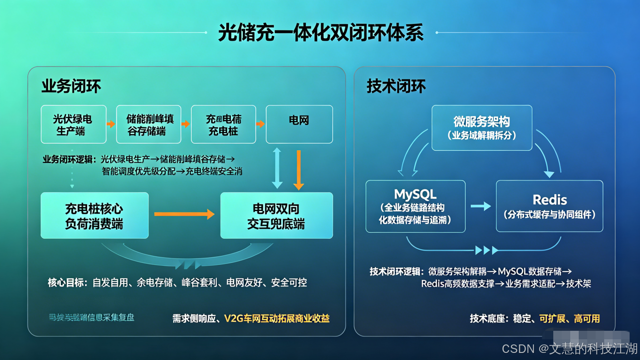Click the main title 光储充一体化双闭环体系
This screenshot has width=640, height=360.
point(320,33)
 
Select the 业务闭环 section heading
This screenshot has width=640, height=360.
point(71,86)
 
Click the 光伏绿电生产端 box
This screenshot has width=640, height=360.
point(73,124)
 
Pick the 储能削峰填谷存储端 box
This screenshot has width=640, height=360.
point(148,124)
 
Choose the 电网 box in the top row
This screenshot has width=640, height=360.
point(299,124)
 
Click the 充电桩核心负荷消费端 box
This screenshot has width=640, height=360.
point(94,215)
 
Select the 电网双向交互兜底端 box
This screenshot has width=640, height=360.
point(276,215)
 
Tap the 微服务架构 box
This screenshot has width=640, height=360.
point(482,128)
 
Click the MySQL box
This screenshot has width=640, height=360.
point(415,206)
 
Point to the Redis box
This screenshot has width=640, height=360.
point(550,206)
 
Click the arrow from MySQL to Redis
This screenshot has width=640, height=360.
point(481,206)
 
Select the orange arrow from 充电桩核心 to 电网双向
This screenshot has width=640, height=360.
point(184,214)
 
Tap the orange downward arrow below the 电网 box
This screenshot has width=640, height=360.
point(298,170)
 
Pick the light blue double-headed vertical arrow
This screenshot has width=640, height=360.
point(277,168)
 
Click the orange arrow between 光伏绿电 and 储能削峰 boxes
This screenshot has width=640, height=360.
point(111,124)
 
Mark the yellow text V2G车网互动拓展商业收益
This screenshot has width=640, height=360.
point(277,319)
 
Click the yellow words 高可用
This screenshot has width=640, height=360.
point(587,319)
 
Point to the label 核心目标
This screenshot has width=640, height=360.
point(67,283)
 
